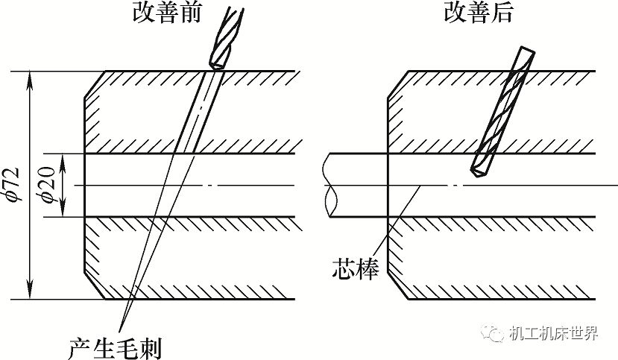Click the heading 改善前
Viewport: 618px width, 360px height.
[167, 13]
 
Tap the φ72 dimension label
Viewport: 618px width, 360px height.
[14, 186]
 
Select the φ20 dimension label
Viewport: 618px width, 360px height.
[47, 186]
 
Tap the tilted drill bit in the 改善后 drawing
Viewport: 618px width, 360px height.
[501, 112]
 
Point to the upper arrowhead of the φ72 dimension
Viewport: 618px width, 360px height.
[30, 78]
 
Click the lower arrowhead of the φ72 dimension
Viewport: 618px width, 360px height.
[30, 293]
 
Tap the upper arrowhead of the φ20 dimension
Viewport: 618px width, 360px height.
[63, 160]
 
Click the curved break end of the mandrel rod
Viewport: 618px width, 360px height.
[331, 186]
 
